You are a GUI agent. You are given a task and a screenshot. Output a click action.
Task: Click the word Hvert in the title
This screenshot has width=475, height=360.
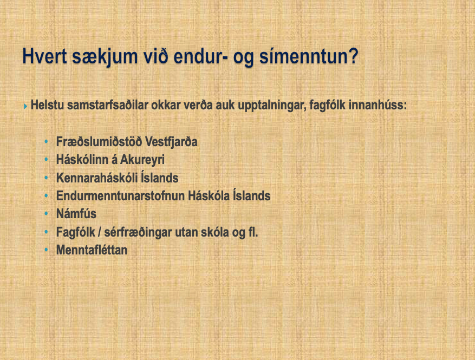pyautogui.click(x=44, y=56)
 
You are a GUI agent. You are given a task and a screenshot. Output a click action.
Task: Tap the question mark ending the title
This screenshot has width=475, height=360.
pyautogui.click(x=352, y=56)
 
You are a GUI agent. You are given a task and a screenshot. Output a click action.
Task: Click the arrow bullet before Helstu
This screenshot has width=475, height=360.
pyautogui.click(x=25, y=106)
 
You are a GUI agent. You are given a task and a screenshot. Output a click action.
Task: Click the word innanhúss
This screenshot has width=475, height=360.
pyautogui.click(x=378, y=105)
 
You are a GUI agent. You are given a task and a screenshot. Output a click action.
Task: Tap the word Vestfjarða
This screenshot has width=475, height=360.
pyautogui.click(x=171, y=142)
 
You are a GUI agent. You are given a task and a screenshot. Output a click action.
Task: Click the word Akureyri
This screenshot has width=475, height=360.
pyautogui.click(x=142, y=160)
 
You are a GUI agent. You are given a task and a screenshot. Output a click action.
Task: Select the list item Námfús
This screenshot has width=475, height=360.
pyautogui.click(x=76, y=214)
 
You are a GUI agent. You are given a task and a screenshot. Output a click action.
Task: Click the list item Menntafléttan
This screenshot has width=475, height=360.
pyautogui.click(x=92, y=250)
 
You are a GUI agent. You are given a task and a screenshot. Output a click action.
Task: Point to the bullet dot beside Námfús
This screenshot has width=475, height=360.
pyautogui.click(x=47, y=214)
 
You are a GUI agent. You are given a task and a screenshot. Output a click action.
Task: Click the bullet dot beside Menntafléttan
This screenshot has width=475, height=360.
pyautogui.click(x=47, y=250)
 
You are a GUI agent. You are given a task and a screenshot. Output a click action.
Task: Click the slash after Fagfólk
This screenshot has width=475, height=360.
pyautogui.click(x=100, y=232)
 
